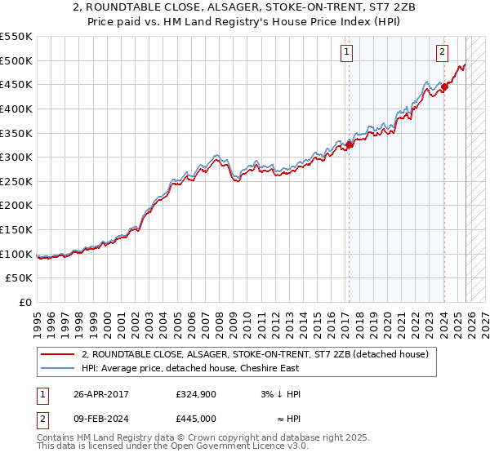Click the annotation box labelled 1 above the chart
(347, 52)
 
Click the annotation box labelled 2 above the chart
(442, 52)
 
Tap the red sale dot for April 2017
(349, 145)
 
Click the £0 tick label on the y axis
(25, 302)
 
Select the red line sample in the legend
(57, 354)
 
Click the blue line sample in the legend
(57, 369)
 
